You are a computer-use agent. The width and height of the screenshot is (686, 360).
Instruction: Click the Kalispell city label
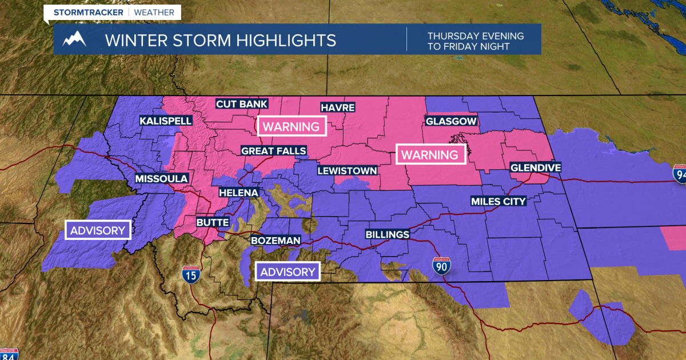[x=166, y=121]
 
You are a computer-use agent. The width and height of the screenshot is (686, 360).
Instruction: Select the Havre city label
[x=337, y=107]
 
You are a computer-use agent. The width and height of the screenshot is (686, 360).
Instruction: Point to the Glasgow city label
[x=450, y=121]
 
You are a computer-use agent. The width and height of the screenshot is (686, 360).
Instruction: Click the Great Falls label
[x=273, y=151]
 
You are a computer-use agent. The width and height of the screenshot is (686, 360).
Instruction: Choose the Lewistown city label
[x=348, y=170]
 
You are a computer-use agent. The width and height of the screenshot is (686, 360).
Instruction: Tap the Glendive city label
[x=535, y=167]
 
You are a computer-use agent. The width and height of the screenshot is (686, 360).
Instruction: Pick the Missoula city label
[x=161, y=179]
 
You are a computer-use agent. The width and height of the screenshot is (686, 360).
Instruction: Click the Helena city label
[x=238, y=193]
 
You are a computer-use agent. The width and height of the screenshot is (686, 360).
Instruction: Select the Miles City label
[x=498, y=201]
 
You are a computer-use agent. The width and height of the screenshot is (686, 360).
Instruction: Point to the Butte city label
[x=212, y=222]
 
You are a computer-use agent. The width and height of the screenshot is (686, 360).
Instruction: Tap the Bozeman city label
[x=275, y=241]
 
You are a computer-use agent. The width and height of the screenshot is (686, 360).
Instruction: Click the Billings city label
[x=388, y=234]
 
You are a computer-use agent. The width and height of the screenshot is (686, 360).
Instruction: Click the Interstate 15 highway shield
[x=190, y=275]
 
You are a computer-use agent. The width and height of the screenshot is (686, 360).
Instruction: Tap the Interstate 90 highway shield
[x=441, y=266]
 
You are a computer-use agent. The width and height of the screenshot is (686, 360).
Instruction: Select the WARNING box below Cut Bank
[x=292, y=126]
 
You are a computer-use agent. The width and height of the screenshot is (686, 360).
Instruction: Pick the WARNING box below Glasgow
[x=430, y=154]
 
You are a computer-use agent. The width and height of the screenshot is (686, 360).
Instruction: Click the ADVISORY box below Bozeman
[x=288, y=272]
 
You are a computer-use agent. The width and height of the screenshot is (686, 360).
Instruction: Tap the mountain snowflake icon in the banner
[x=74, y=39]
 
